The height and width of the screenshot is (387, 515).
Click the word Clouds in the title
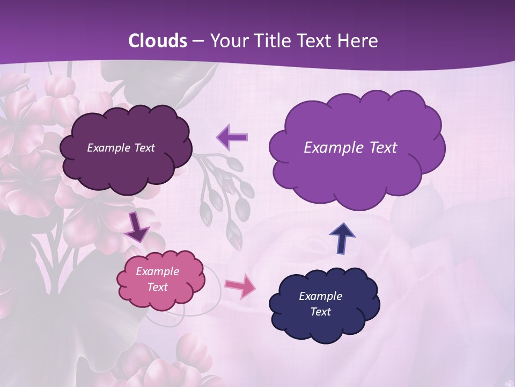[x=158, y=41]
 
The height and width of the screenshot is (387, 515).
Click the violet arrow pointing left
[x=232, y=137]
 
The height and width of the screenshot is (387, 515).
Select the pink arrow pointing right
[x=240, y=286]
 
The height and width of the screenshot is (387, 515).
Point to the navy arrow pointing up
[x=342, y=238]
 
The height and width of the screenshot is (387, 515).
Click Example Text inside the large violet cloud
[x=350, y=147]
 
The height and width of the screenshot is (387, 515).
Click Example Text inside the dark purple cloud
[x=121, y=147]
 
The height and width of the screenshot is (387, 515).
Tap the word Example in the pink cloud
[x=157, y=271]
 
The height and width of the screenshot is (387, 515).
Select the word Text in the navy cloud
[x=320, y=312]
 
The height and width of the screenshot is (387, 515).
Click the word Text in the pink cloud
[x=158, y=287]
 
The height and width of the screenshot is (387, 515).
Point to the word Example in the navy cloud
[x=320, y=296]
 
